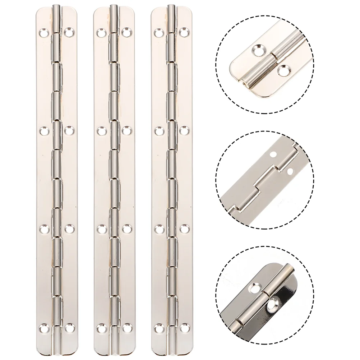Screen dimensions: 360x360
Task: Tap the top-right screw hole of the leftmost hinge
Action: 69,32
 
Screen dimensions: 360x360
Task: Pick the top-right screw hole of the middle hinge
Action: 126,32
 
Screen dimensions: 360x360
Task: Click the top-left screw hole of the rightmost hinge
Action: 158,32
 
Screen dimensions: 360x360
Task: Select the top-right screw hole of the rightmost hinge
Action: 184,32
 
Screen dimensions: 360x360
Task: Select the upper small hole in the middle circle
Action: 273,155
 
